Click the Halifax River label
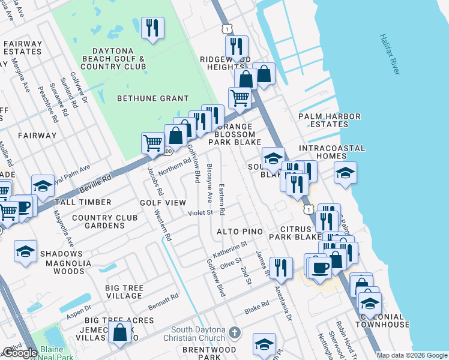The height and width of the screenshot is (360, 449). pos(390,54)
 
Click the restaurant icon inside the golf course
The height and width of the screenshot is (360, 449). pos(152,28)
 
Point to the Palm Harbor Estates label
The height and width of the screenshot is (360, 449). pos(330,120)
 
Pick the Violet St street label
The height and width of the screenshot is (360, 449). pos(200,212)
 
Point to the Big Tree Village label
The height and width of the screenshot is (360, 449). pos(124,292)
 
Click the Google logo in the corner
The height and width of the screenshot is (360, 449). pos(20,353)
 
